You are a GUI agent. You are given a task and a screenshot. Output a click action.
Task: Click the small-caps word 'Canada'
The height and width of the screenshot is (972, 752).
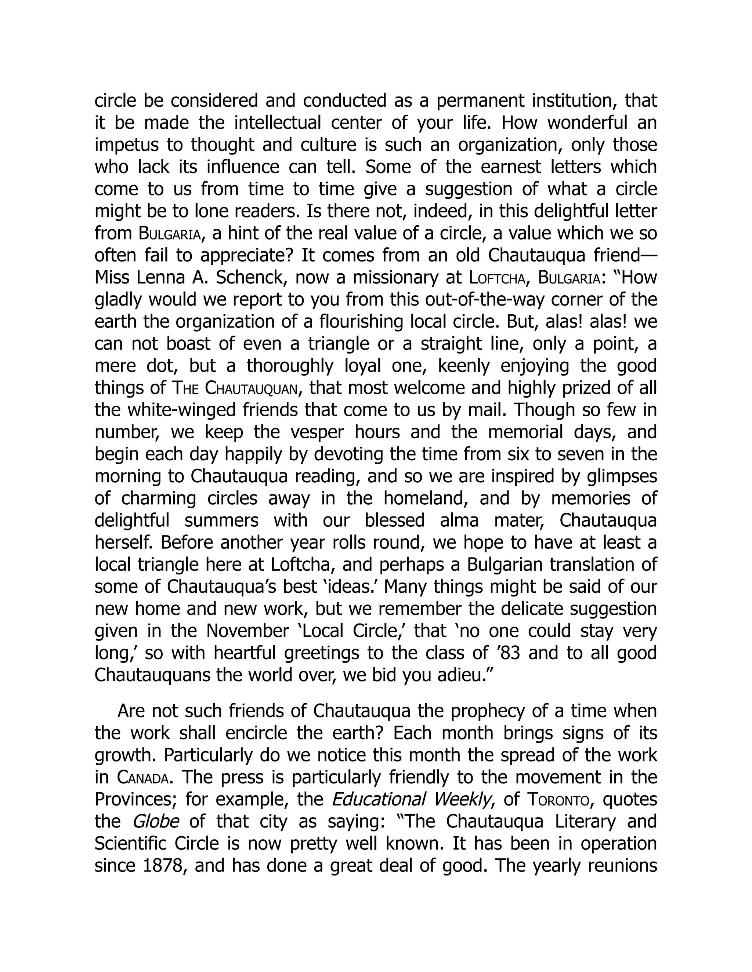(x=142, y=778)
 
